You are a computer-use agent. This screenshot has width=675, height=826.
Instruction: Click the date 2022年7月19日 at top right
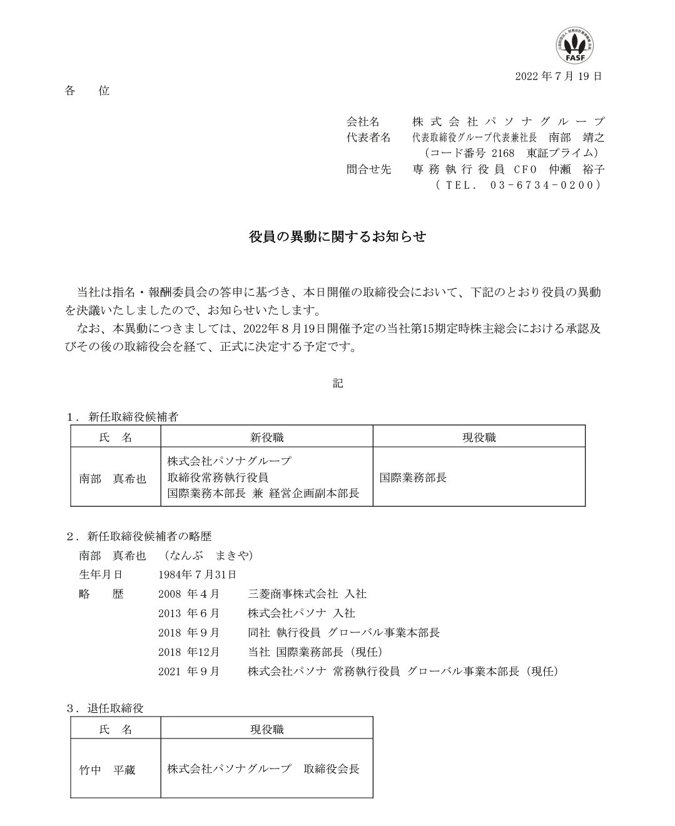pyautogui.click(x=559, y=76)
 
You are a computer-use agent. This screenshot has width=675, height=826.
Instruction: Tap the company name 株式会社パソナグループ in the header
pyautogui.click(x=509, y=121)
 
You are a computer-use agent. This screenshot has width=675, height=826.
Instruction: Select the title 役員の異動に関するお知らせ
pyautogui.click(x=337, y=237)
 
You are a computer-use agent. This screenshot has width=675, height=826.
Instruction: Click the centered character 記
pyautogui.click(x=338, y=383)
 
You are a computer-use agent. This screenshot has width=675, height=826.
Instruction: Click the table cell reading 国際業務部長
pyautogui.click(x=414, y=477)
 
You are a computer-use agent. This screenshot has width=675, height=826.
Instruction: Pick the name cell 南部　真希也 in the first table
pyautogui.click(x=113, y=478)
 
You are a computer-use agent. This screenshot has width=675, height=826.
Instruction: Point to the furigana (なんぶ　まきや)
pyautogui.click(x=208, y=555)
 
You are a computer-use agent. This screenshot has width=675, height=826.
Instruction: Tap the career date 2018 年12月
pyautogui.click(x=190, y=652)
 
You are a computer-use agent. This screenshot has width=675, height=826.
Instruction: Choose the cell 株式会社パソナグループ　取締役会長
pyautogui.click(x=263, y=769)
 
